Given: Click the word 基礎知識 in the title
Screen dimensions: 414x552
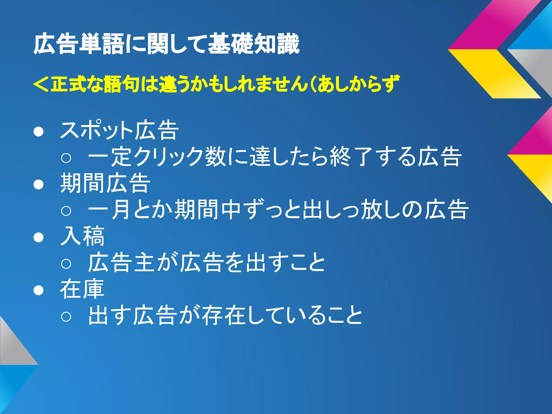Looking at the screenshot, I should click(x=254, y=44).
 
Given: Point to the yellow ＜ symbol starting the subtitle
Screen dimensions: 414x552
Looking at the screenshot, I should click(x=41, y=84).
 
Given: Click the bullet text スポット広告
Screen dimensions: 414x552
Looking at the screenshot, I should click(x=119, y=130).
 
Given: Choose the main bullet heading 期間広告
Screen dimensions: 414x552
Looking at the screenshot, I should click(x=105, y=183).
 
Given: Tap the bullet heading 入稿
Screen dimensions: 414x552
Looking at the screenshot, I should click(x=82, y=236).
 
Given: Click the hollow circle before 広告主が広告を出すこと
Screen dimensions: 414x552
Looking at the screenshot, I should click(x=66, y=263).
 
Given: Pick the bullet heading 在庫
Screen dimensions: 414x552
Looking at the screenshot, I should click(x=82, y=289).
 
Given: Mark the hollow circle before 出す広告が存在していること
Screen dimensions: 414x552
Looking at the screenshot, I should click(x=66, y=316).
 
